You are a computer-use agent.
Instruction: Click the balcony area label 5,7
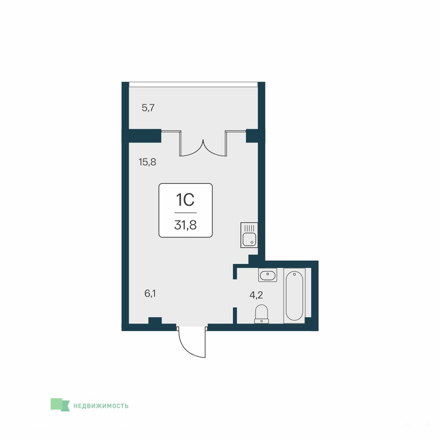pos(148,108)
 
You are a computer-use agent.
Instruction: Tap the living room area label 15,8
pos(147,162)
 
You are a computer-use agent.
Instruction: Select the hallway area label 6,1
pos(150,294)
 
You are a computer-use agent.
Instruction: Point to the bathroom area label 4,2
pos(256,295)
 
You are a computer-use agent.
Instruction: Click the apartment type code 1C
pos(185,200)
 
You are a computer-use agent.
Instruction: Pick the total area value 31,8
pos(185,225)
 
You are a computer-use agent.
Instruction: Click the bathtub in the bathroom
pos(294,296)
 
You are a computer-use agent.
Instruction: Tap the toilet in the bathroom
pos(262,314)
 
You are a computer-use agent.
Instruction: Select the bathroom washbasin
pos(268,275)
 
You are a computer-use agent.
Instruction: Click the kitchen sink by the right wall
pos(249,235)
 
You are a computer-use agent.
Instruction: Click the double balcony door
pos(203,143)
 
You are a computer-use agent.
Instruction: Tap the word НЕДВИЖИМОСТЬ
pos(101,406)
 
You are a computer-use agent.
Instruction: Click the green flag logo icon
pos(60,405)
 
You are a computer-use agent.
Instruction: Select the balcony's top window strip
pos(193,85)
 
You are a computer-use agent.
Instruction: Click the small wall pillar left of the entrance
pos(155,321)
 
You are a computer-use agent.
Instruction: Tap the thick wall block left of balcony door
pos(142,136)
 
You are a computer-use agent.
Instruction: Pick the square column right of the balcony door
pos(252,136)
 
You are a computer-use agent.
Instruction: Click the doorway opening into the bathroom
pos(235,293)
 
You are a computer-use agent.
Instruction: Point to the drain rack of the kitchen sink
pos(249,228)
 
